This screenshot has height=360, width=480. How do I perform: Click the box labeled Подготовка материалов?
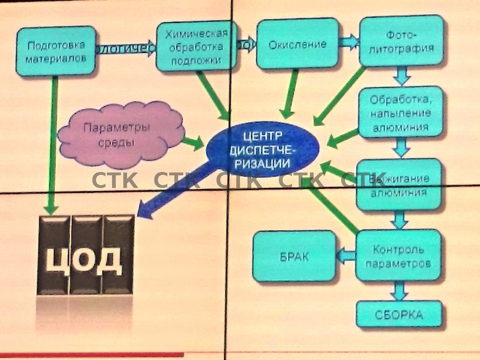coord(56,51)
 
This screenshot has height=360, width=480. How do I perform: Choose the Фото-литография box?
coord(402,41)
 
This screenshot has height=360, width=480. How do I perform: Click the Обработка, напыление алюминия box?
coord(400,113)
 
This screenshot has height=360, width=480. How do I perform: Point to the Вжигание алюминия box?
coord(399,185)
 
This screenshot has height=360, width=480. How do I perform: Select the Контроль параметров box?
coord(398,255)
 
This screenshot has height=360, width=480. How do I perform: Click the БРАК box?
coord(294,256)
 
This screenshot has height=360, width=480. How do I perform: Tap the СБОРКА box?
coord(399,314)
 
